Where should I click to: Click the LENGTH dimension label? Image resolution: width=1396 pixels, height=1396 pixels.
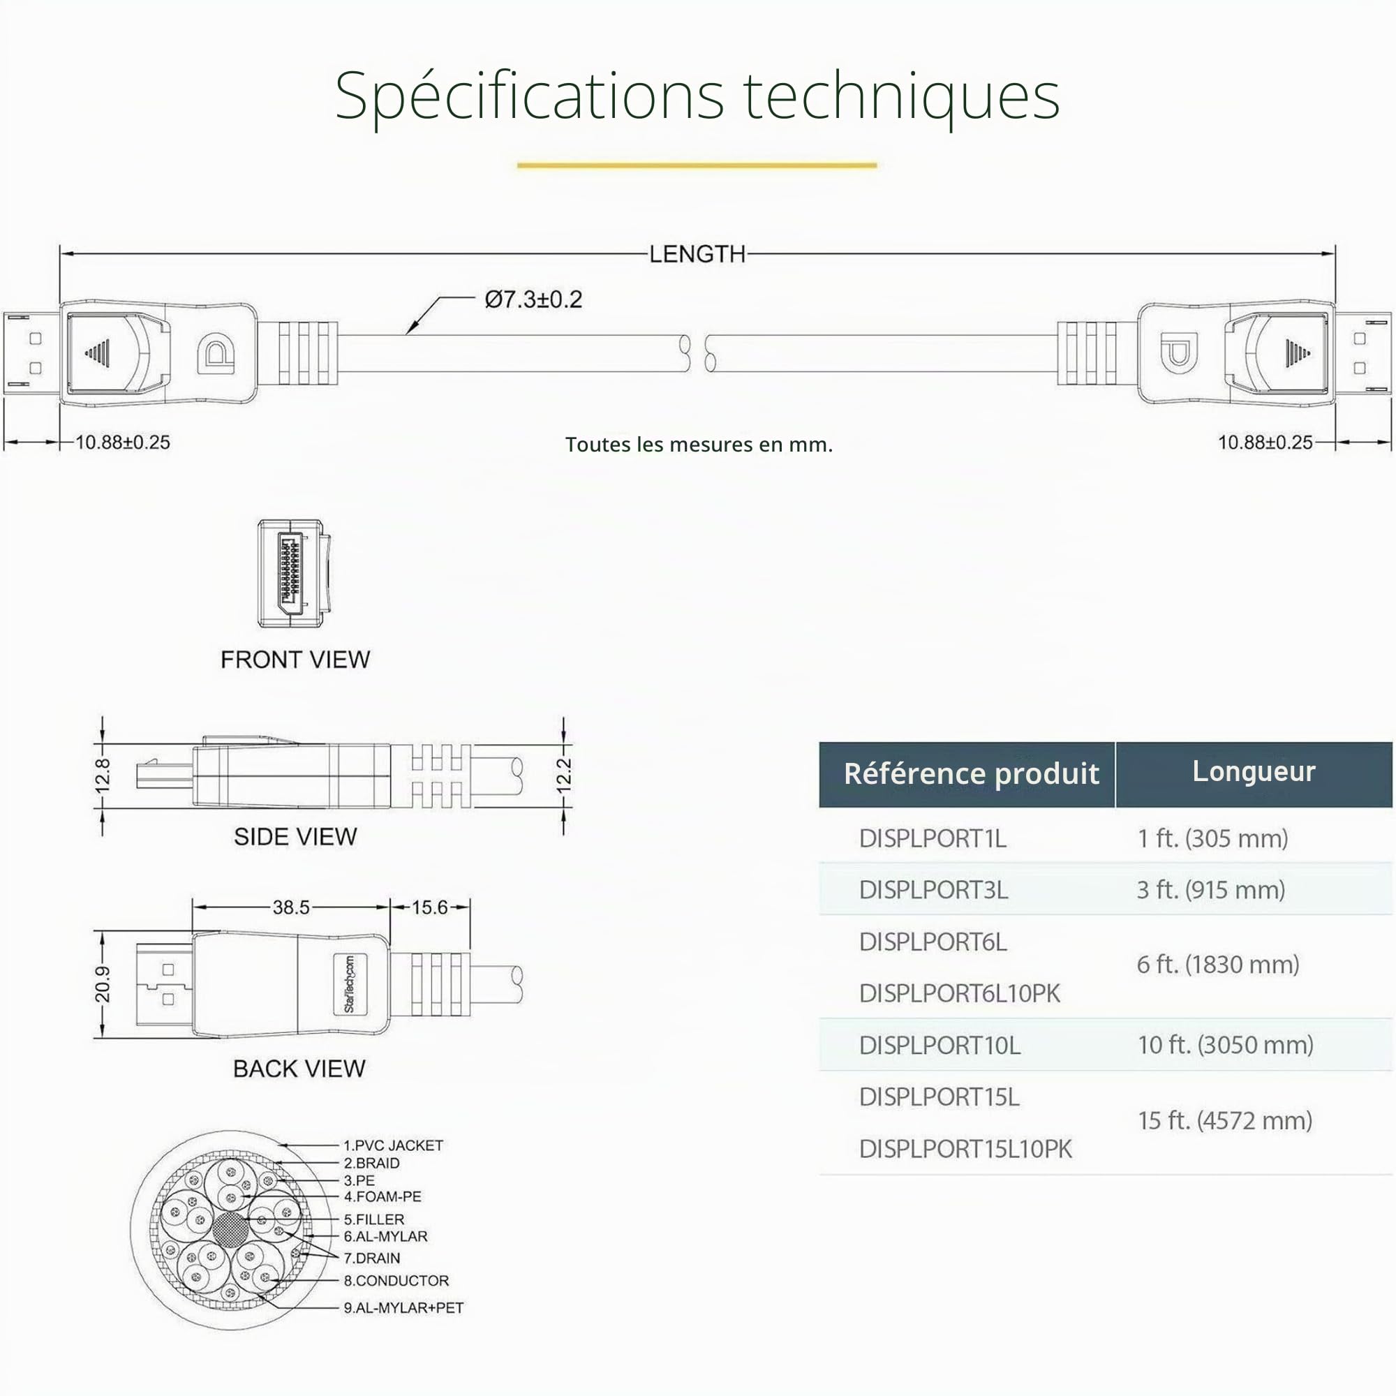point(697,254)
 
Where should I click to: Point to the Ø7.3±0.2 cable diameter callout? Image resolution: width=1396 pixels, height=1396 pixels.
point(533,299)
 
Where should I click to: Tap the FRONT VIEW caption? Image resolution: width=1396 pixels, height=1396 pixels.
point(295,660)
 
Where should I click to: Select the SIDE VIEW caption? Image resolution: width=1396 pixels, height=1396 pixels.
point(295,837)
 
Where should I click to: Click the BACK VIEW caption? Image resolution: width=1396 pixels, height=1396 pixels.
point(299,1069)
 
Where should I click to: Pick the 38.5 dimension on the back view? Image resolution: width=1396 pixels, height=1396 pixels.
point(291,907)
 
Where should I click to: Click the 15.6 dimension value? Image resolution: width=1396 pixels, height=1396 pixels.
point(430,907)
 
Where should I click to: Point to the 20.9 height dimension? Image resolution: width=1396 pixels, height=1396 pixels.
point(103,984)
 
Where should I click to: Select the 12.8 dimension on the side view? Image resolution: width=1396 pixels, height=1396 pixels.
point(103,776)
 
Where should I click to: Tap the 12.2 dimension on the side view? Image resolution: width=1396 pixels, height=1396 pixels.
point(563,776)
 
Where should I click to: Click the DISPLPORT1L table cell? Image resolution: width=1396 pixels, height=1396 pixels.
point(933,839)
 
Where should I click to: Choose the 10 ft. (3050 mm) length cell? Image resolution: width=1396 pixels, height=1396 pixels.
point(1226,1045)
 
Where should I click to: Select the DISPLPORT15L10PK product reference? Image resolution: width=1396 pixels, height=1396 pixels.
point(965,1149)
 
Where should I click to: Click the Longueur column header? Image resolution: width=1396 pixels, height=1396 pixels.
point(1254,772)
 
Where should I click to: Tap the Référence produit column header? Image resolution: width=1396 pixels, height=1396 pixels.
point(971,774)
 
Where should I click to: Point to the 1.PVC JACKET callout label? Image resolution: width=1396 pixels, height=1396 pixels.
point(393,1145)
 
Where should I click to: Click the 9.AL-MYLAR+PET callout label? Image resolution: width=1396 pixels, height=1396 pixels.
point(403,1308)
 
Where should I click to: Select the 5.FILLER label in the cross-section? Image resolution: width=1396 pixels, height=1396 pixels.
point(373,1219)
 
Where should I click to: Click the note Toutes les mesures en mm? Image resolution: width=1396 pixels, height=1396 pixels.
point(699,445)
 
